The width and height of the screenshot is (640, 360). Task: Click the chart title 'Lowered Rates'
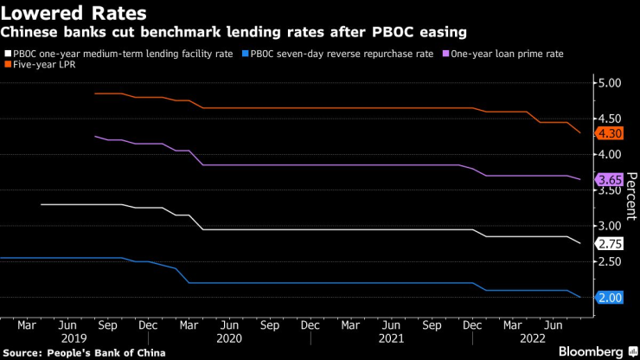coord(73,14)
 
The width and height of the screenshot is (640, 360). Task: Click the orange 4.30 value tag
coord(611,133)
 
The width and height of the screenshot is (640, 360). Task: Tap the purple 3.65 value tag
coord(611,179)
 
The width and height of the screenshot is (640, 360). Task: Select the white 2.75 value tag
coord(611,244)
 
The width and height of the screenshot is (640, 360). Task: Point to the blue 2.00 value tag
coord(611,298)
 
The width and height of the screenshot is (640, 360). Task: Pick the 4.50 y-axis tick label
coord(610,119)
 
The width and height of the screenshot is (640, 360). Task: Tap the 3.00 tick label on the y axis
coord(610,226)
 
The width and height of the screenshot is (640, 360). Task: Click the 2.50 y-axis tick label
coord(610,261)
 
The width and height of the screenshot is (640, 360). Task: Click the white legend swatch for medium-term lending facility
coord(8,54)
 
